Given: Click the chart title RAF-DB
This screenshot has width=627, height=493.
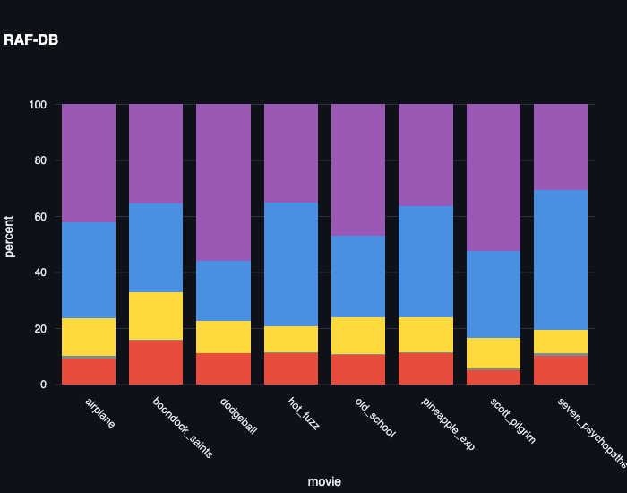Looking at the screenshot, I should click(x=31, y=39).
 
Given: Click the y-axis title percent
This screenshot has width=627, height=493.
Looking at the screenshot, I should click(x=10, y=236).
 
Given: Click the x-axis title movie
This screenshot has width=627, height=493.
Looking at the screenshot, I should click(x=324, y=481).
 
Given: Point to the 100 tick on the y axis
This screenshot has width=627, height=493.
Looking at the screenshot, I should click(x=37, y=105).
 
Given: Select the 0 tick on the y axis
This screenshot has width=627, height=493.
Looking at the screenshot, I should click(x=43, y=385).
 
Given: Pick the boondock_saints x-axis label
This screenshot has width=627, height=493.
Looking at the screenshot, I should click(x=183, y=428).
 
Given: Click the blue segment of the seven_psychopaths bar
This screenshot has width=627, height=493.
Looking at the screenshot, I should click(x=560, y=260).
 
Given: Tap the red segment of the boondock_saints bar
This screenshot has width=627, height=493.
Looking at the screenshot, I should click(x=156, y=362).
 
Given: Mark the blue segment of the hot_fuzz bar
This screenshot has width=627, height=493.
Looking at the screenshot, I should click(x=290, y=264).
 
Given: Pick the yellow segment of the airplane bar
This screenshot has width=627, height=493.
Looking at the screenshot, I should click(x=89, y=337).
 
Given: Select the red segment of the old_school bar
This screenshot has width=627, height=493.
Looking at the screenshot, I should click(x=358, y=369).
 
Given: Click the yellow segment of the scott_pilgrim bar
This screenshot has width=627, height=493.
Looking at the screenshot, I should click(x=493, y=353).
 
